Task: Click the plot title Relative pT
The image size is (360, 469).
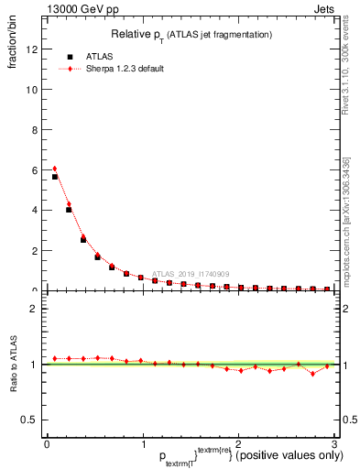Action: tap(189, 35)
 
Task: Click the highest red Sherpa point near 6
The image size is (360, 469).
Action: tap(55, 169)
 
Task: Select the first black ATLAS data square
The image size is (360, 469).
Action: tap(55, 177)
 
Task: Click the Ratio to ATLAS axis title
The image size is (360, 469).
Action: tap(14, 365)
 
